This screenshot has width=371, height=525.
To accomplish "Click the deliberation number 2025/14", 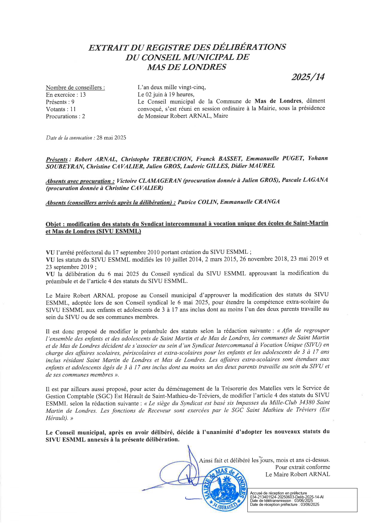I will tap(308, 77).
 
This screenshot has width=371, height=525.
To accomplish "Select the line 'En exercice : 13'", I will tap(66, 95).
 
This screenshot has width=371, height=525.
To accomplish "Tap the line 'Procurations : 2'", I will tap(65, 116).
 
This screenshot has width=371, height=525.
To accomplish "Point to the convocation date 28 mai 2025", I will tap(111, 138).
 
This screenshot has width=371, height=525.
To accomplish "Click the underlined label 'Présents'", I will tap(57, 159).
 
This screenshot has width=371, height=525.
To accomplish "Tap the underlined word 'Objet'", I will tap(53, 224).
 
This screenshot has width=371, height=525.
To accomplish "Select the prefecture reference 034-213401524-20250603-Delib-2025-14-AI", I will tap(287, 497).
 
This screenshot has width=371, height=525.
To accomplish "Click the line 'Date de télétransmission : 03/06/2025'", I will tap(281, 500).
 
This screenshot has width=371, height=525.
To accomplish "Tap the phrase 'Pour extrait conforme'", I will tap(302, 467).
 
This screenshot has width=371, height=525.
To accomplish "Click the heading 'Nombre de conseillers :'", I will tap(75, 87).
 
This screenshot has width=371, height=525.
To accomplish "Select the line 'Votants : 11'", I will tap(61, 109).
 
